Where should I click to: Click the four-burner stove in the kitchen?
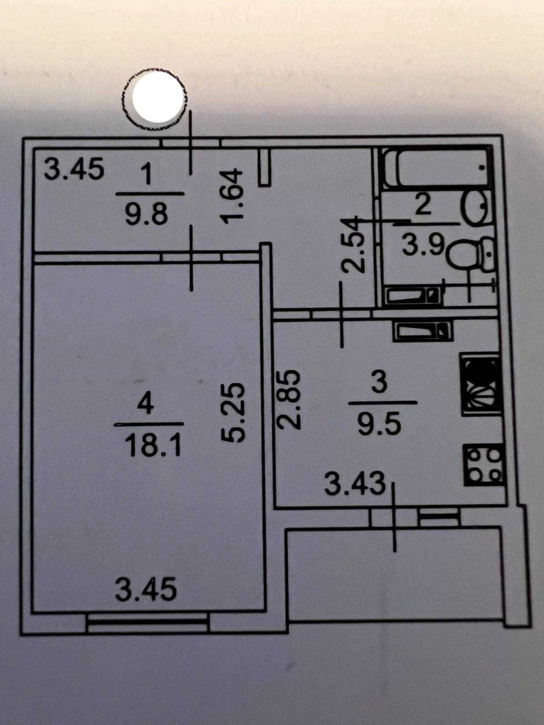[x=483, y=464]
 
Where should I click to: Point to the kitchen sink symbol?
[x=482, y=385]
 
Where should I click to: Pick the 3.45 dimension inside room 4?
[x=146, y=590]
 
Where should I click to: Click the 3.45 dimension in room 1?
[x=74, y=169]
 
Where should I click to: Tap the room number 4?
[x=147, y=404]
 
